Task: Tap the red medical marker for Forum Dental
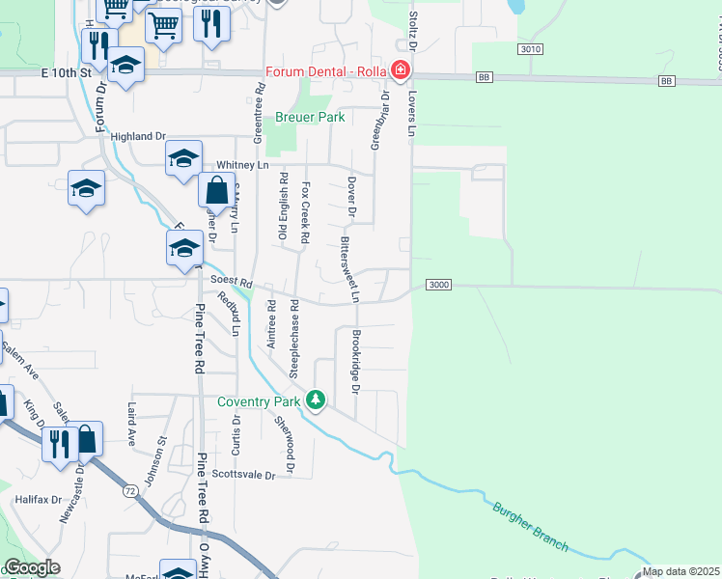[399, 70]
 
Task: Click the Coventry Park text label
[258, 401]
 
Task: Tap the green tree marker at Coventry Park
[315, 400]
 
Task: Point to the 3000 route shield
[439, 285]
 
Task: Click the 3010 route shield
[529, 49]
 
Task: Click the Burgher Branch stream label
[530, 528]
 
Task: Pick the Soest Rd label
[232, 283]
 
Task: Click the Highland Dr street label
[139, 137]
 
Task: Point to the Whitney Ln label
[241, 165]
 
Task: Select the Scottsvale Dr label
[243, 475]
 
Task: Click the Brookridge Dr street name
[355, 362]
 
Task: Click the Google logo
[32, 567]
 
